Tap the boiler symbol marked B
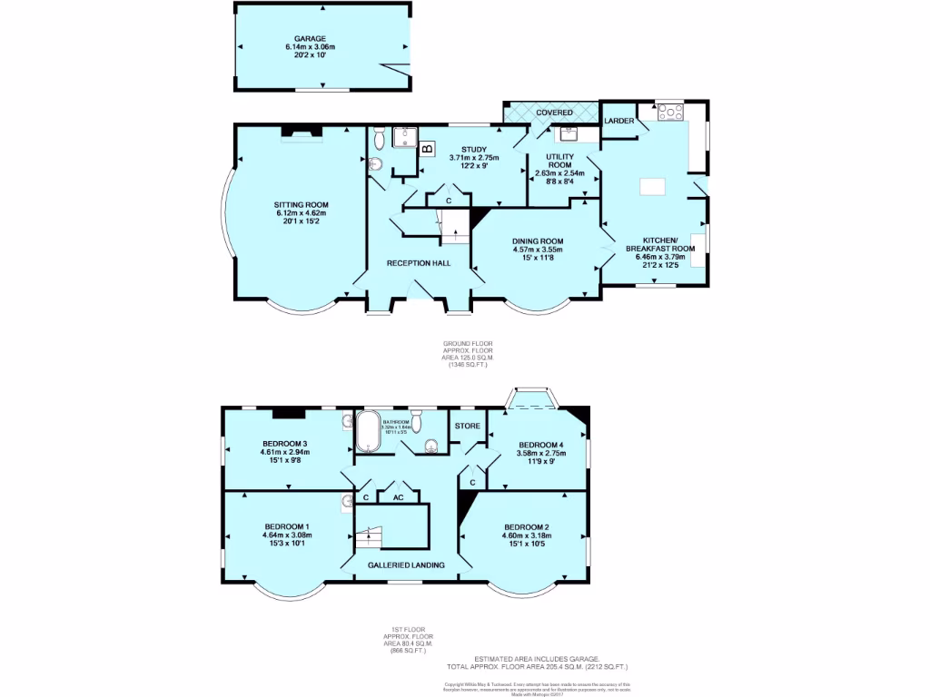coord(426,149)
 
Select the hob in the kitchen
coord(671,113)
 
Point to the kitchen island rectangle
coord(653,186)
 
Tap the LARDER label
coord(618,120)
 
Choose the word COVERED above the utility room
coord(554,113)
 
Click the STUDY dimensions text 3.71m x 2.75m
coord(474,158)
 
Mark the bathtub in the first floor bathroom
coord(368,432)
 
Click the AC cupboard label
coord(398,497)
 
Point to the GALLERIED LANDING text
coord(406,564)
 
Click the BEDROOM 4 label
coord(541,444)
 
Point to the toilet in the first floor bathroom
coord(432,444)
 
